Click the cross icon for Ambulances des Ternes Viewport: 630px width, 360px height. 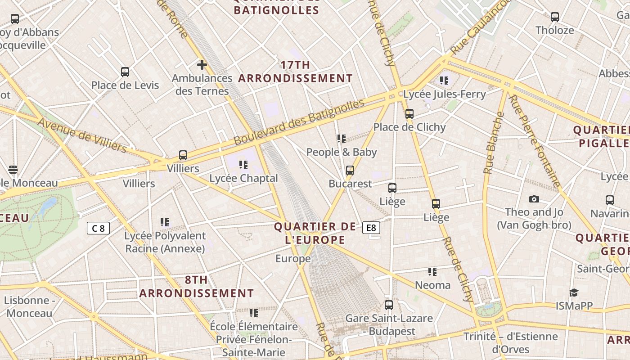[x=202, y=65]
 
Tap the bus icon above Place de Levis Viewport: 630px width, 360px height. [x=125, y=72]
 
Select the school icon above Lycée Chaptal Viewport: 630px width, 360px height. [x=243, y=164]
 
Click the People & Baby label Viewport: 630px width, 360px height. [x=342, y=152]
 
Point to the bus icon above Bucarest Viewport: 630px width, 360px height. [x=350, y=171]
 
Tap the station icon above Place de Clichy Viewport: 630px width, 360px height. [x=409, y=114]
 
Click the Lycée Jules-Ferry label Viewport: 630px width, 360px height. [x=444, y=94]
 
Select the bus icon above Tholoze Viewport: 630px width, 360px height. [x=555, y=17]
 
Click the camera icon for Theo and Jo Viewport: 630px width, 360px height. [x=534, y=199]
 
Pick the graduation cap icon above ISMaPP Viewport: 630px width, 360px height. [x=574, y=292]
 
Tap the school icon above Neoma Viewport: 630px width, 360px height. [x=432, y=271]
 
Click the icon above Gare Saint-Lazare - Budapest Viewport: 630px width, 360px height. [x=389, y=305]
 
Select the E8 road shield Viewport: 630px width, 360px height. [x=371, y=228]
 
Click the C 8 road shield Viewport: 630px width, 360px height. [x=98, y=228]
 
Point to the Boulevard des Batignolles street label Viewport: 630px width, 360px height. [x=299, y=122]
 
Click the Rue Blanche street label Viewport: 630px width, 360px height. [x=494, y=142]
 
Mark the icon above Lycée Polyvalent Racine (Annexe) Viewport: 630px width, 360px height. [x=165, y=222]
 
